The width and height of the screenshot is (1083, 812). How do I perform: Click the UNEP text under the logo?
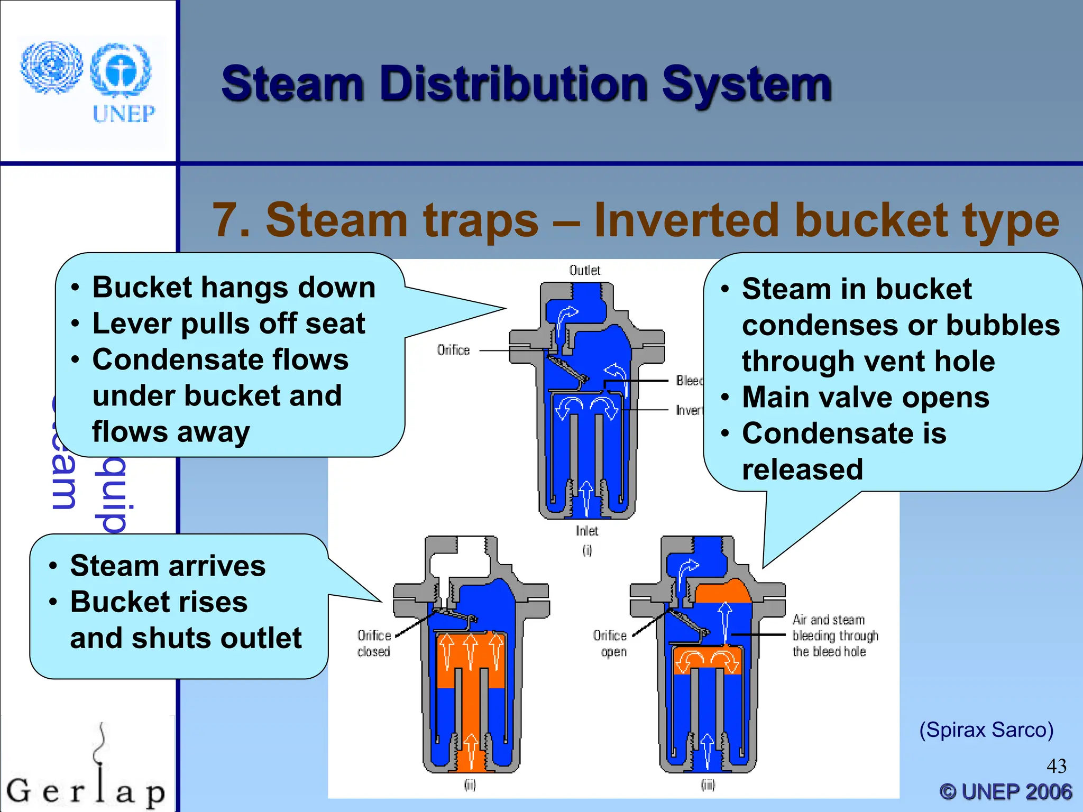(124, 114)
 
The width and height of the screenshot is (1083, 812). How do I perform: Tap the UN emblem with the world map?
(51, 67)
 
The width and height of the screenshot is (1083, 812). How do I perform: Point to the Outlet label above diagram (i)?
(584, 270)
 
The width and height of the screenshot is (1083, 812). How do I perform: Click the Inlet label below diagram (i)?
(587, 530)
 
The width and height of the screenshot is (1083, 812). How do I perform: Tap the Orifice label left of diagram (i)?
(453, 350)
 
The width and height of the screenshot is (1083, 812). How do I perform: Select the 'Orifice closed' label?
(374, 643)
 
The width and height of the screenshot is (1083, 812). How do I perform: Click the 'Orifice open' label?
(610, 643)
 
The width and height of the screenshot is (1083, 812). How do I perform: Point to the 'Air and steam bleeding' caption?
(835, 635)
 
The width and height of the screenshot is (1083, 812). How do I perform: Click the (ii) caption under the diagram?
(470, 785)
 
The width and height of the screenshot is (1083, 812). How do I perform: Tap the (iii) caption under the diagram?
(708, 785)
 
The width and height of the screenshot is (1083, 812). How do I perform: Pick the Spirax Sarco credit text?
(986, 730)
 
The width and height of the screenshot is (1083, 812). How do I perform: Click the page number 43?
(1057, 765)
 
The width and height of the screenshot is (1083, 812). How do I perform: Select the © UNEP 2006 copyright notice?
(1006, 791)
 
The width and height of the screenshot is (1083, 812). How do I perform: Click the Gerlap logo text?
(86, 790)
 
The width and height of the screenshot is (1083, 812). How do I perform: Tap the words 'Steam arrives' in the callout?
(168, 566)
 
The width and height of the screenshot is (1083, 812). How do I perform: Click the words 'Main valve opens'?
(866, 397)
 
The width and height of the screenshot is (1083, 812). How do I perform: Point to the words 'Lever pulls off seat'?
(228, 323)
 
